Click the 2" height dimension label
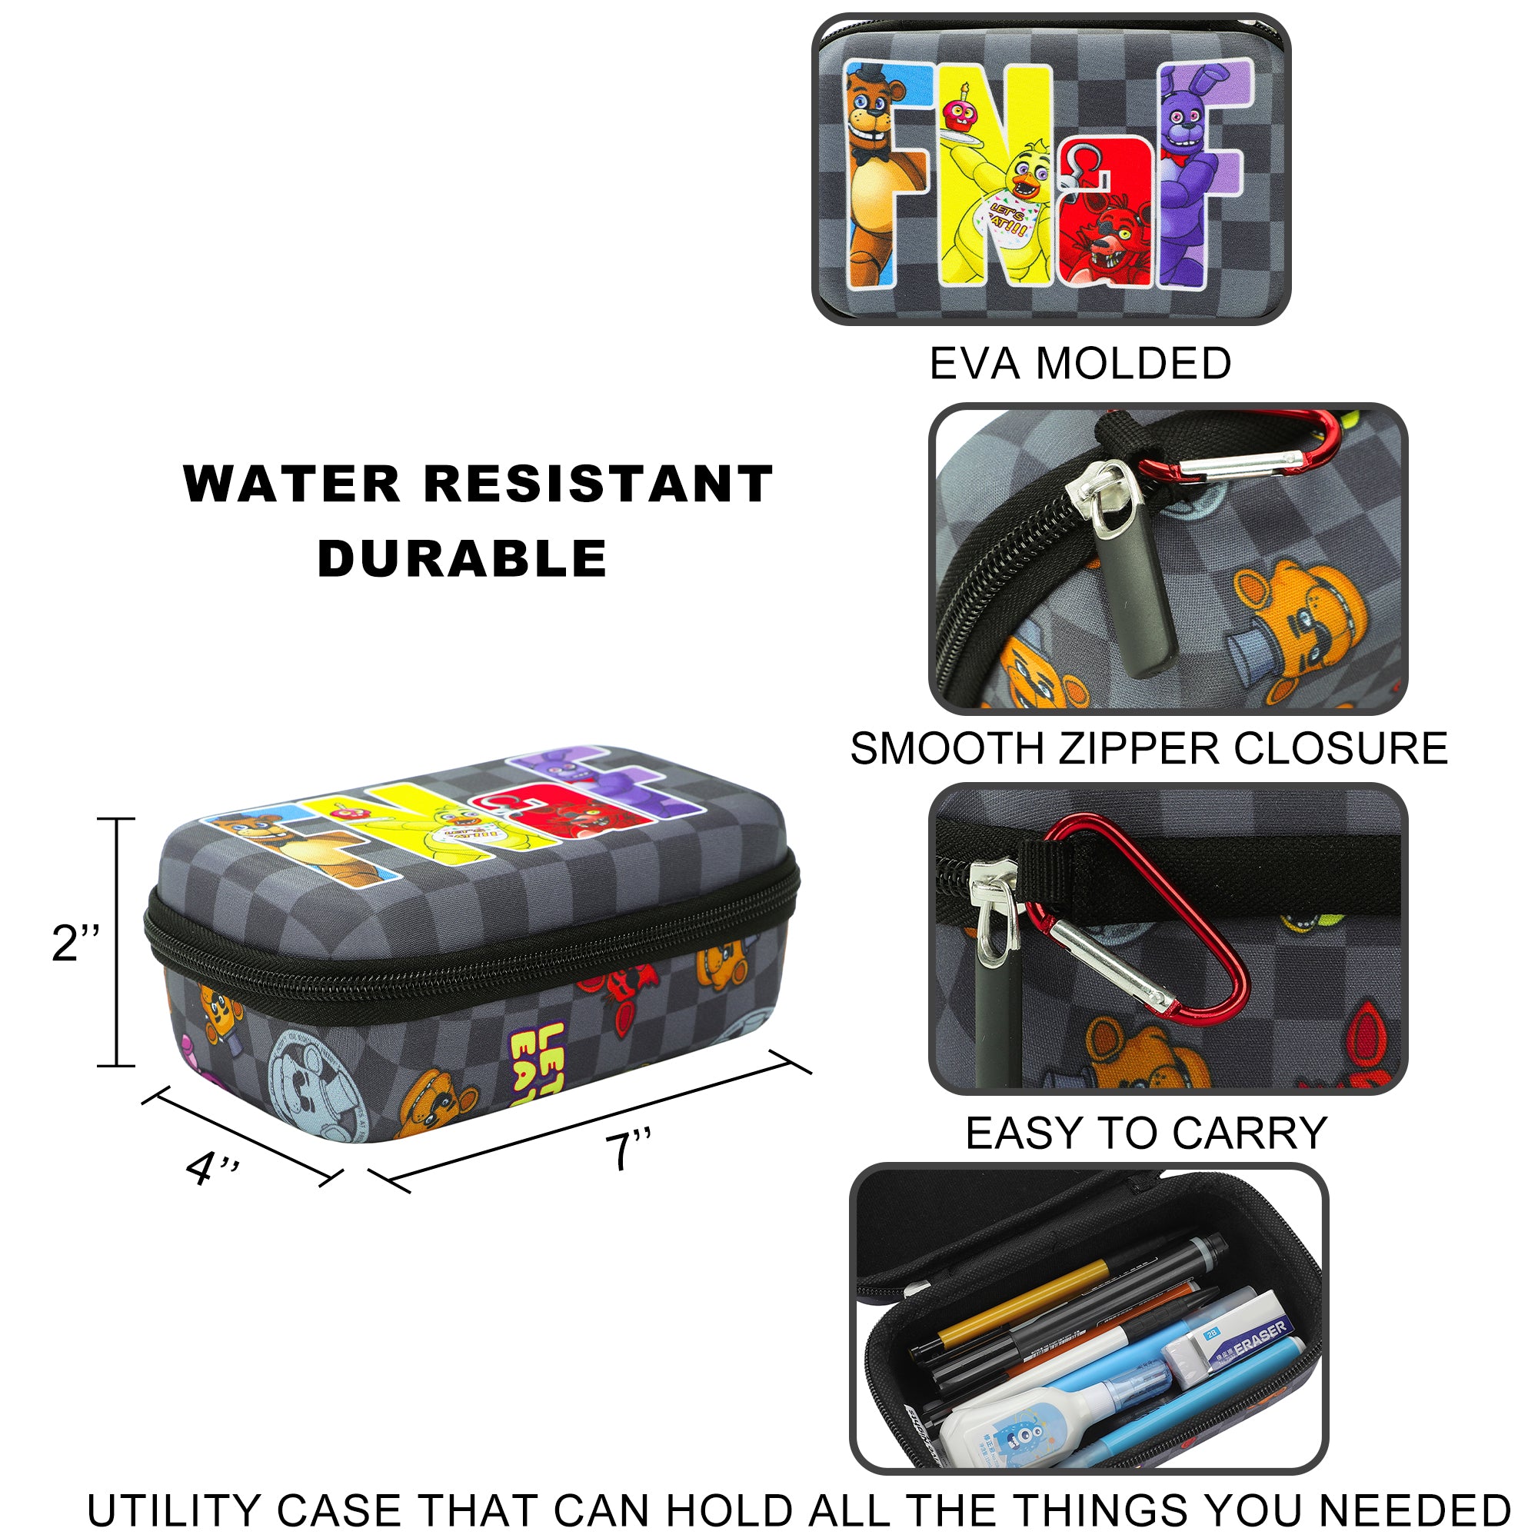(x=75, y=944)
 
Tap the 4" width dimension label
(x=211, y=1169)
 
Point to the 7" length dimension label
(x=628, y=1150)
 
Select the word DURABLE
(x=462, y=558)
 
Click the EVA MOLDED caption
(x=1080, y=364)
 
